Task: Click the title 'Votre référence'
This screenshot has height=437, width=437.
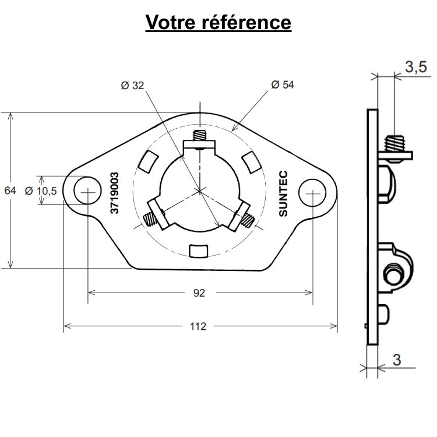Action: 218,22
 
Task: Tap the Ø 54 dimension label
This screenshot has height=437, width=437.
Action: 283,85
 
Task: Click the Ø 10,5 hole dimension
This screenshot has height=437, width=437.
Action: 41,191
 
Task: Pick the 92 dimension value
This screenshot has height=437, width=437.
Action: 199,293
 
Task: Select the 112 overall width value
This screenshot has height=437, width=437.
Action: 199,327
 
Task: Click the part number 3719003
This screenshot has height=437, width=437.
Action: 115,193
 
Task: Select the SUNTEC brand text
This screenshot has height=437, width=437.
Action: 283,194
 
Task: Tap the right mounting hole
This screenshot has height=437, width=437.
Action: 312,192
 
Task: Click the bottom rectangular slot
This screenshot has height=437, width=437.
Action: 199,251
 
